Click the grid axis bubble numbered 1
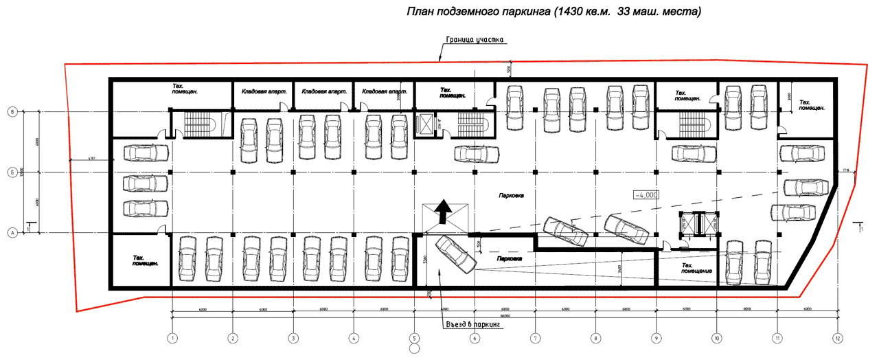(172, 338)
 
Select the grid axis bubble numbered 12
(837, 338)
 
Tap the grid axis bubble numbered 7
(534, 338)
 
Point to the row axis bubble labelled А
(12, 233)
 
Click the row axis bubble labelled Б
(12, 172)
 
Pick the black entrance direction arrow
(444, 212)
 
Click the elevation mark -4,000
(646, 194)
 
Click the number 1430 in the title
(565, 12)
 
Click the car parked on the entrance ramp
(456, 254)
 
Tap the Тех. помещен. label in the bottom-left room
(145, 260)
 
